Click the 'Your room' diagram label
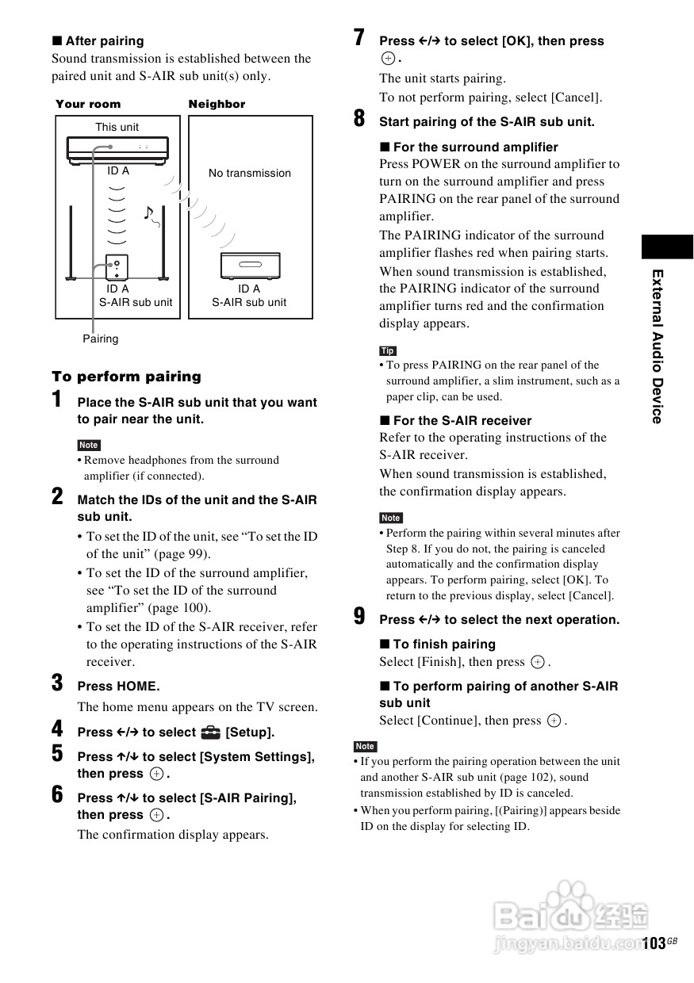pyautogui.click(x=88, y=104)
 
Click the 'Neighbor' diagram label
pyautogui.click(x=217, y=104)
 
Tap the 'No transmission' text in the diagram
pyautogui.click(x=250, y=173)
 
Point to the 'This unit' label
pyautogui.click(x=117, y=127)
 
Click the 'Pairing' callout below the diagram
pyautogui.click(x=101, y=339)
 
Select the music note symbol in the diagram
pyautogui.click(x=148, y=212)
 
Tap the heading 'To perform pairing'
pyautogui.click(x=127, y=377)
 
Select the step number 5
pyautogui.click(x=57, y=754)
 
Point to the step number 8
pyautogui.click(x=359, y=119)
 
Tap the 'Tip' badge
pyautogui.click(x=388, y=350)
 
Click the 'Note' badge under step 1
pyautogui.click(x=89, y=446)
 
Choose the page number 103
pyautogui.click(x=654, y=943)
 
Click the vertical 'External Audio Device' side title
pyautogui.click(x=657, y=346)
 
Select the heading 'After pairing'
pyautogui.click(x=98, y=40)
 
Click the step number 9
pyautogui.click(x=359, y=617)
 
